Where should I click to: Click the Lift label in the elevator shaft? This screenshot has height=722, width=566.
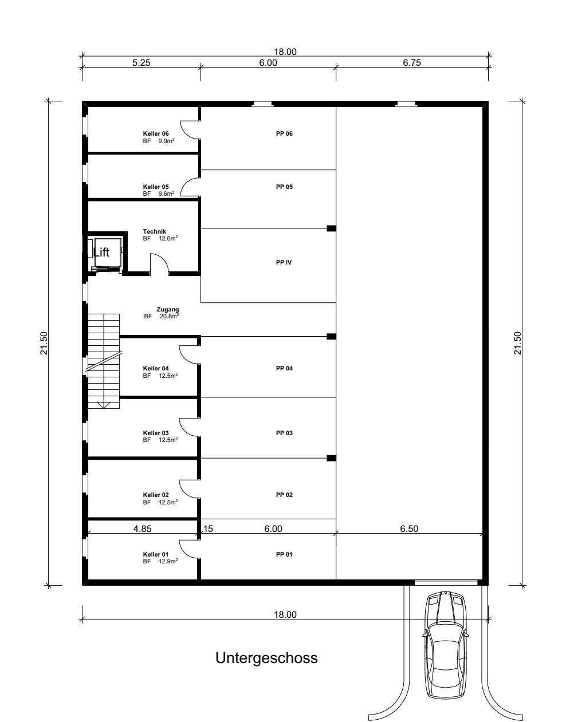(x=101, y=252)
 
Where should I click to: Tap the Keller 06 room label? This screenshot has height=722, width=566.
(x=156, y=133)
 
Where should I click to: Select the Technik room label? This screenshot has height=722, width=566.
(x=154, y=231)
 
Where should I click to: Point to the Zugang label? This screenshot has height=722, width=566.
(x=168, y=309)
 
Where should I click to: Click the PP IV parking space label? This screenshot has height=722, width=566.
(x=284, y=262)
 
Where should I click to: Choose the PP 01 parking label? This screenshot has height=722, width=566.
(x=284, y=554)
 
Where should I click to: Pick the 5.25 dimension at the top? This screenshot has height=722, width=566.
(x=141, y=62)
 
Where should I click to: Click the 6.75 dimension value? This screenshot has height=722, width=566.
(x=412, y=62)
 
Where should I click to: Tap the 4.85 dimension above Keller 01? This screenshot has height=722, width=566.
(x=142, y=528)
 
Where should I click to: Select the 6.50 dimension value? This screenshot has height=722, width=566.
(x=409, y=528)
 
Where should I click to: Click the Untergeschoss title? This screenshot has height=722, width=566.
(x=266, y=658)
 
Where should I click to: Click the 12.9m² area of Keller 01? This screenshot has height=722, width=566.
(x=168, y=561)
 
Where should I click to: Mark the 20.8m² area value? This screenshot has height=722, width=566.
(x=169, y=316)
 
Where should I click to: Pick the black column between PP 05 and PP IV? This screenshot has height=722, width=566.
(x=331, y=228)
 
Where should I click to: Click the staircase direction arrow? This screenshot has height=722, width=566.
(x=104, y=405)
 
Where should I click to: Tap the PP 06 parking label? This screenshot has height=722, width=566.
(x=284, y=133)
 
